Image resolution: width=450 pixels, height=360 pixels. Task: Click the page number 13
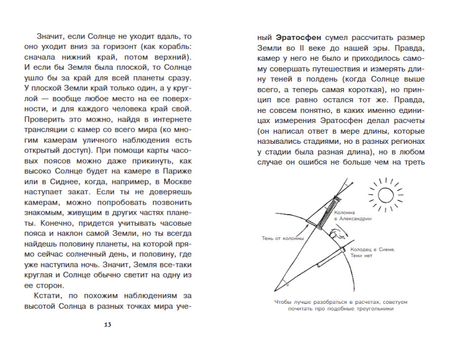(107, 325)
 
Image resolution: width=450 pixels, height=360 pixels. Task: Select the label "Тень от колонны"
(282, 238)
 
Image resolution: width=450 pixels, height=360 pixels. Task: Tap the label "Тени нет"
(359, 256)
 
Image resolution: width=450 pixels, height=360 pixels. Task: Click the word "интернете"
(169, 119)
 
